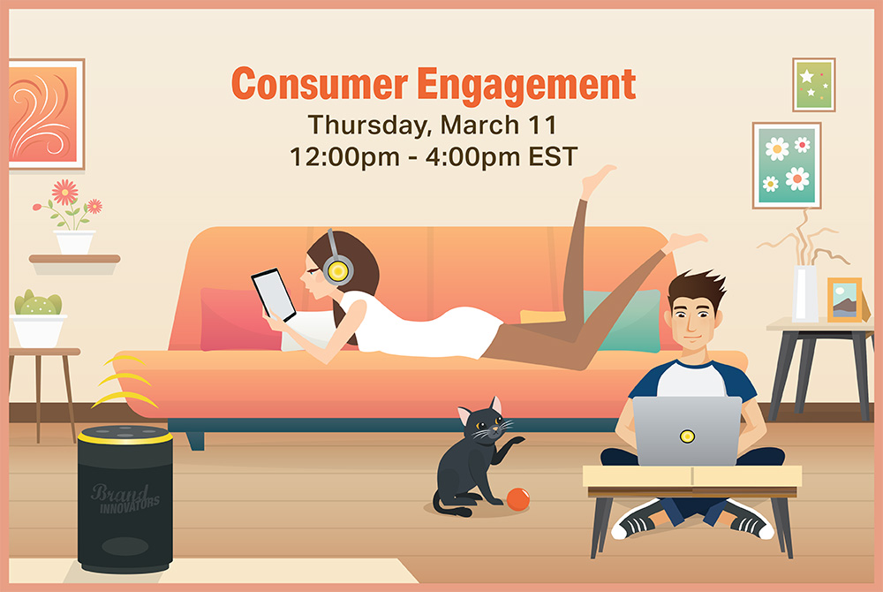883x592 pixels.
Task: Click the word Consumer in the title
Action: [320, 84]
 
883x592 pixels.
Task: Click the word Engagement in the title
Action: [526, 86]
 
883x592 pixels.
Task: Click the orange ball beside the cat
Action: [518, 499]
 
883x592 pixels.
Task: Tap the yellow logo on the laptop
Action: [687, 436]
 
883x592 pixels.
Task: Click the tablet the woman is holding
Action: [273, 294]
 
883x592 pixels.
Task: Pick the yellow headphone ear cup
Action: [338, 270]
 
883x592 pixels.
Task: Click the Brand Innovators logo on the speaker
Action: [125, 498]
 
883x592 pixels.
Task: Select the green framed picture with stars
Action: [814, 85]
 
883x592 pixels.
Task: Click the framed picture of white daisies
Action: [787, 165]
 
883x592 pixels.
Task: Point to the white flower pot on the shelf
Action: [74, 241]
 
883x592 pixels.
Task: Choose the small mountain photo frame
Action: [845, 300]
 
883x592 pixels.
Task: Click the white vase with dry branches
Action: [805, 292]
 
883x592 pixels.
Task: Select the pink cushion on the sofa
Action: [239, 319]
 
